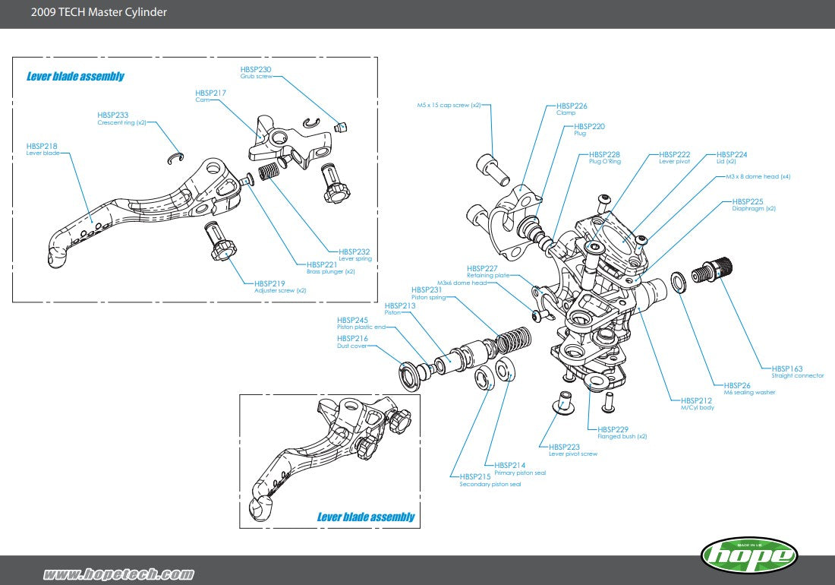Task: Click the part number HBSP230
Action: click(255, 69)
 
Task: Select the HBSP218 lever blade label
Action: click(42, 146)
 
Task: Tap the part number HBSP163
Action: click(786, 368)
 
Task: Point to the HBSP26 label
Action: click(737, 385)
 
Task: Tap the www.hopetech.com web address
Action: click(118, 574)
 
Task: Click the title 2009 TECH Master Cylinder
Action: click(99, 12)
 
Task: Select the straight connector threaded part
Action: click(717, 268)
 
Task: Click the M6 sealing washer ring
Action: click(678, 282)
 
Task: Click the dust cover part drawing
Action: click(410, 375)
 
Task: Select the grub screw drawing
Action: click(341, 125)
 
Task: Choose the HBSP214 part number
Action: click(509, 465)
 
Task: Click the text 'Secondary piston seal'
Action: click(490, 484)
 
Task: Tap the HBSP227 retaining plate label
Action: click(482, 268)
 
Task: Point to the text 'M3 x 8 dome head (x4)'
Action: click(758, 176)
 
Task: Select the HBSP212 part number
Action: click(696, 400)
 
